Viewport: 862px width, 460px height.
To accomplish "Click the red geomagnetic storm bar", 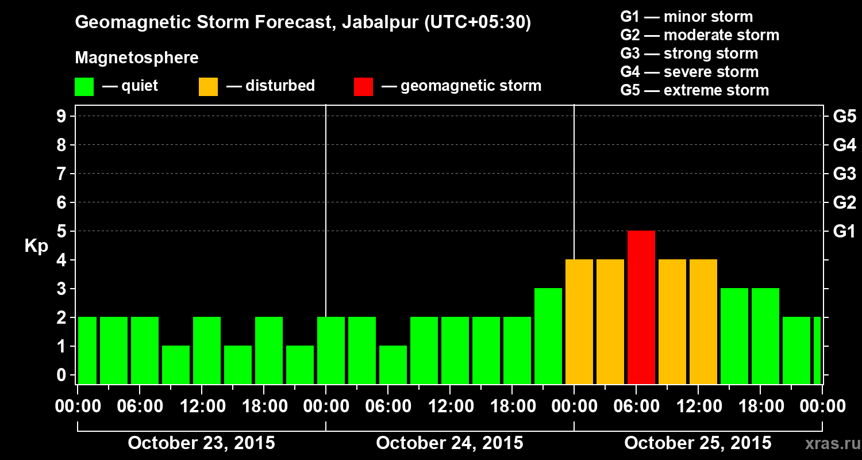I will coord(641,307).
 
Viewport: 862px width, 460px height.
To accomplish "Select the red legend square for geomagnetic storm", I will coord(363,87).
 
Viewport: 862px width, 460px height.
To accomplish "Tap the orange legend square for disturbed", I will coord(208,87).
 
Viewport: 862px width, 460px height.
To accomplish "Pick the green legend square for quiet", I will coord(84,87).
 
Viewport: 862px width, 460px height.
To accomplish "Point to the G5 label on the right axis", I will coord(844,117).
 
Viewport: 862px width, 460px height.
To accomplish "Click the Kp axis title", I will coord(36,246).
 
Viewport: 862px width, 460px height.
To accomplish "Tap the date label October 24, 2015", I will coord(449,443).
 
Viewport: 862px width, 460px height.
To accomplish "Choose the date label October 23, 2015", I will coord(201,443).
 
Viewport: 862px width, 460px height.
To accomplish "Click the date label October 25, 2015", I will coord(698,443).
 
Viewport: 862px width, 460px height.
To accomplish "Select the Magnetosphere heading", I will coord(137,58).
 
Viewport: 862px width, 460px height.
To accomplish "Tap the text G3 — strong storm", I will coord(689,53).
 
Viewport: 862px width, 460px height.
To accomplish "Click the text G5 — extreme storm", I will coord(694,90).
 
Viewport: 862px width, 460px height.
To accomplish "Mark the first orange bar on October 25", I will coord(579,321).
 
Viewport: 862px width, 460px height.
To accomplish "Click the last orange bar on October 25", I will coord(703,321).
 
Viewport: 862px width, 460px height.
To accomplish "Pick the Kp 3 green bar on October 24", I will coord(548,336).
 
